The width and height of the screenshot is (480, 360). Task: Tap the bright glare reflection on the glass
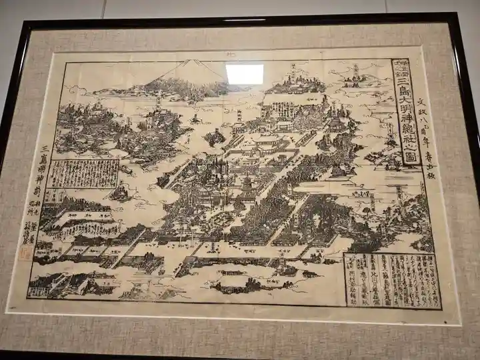point(244,74)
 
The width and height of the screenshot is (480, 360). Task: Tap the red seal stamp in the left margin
point(25,253)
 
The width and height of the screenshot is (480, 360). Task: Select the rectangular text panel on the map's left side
point(84,173)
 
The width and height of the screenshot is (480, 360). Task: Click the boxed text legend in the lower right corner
point(392,280)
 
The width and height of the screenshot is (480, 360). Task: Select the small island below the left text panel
point(120,194)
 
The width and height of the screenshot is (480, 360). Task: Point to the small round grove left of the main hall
point(215,138)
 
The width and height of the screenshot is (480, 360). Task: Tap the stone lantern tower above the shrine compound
point(239,116)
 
